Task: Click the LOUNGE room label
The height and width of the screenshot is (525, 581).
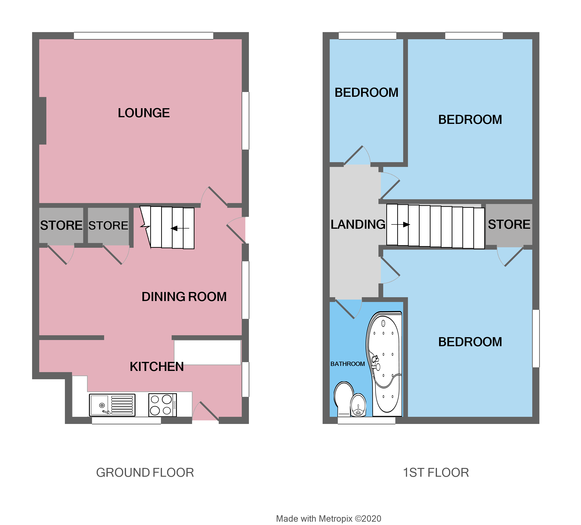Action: coord(144,113)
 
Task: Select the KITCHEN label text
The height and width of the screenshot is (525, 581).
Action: coord(156,367)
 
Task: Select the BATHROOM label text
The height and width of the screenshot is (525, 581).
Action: coord(348,364)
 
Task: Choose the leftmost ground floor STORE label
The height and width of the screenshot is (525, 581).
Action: coord(61,225)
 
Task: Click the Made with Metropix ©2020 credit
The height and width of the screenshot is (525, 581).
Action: coord(329,510)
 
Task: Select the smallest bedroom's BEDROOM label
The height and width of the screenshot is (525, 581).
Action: coord(366,92)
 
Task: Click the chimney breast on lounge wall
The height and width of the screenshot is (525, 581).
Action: coord(43,121)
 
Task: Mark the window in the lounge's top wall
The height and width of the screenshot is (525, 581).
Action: coord(144,36)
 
